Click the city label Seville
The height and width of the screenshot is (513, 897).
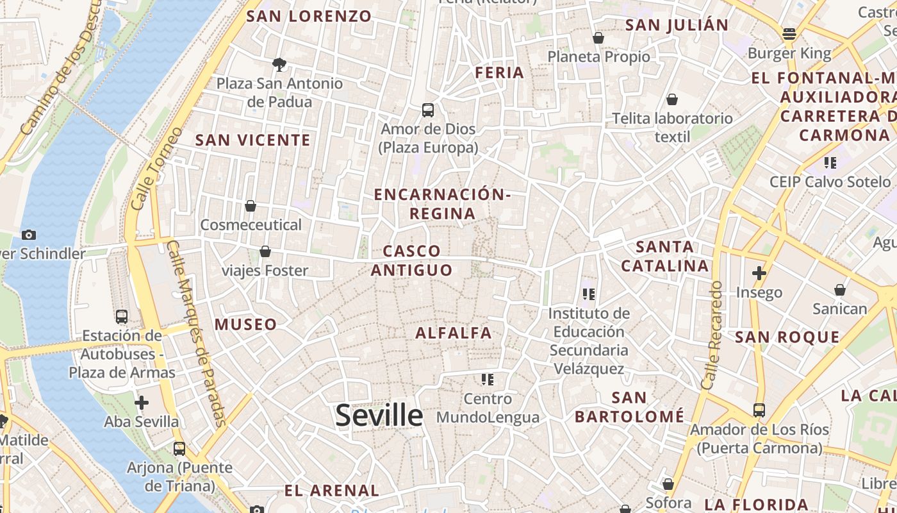(x=379, y=416)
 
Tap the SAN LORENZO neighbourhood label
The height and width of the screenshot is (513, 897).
(x=309, y=17)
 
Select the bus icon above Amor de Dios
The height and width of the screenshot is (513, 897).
(x=428, y=110)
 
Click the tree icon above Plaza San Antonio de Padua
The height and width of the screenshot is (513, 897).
(x=279, y=64)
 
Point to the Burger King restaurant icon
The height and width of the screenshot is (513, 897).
(x=789, y=34)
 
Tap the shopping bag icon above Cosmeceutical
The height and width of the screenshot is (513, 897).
(x=251, y=206)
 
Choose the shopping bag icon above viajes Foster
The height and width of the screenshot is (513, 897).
(x=265, y=251)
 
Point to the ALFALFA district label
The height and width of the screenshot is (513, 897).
(x=454, y=333)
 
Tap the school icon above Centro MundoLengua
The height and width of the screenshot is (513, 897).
(x=488, y=380)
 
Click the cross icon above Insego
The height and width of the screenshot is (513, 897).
(x=759, y=273)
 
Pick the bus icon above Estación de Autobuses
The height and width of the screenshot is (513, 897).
(x=121, y=317)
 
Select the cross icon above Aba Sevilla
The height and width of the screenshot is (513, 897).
(x=142, y=403)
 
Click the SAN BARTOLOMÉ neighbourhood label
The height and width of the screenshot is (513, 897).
(x=629, y=407)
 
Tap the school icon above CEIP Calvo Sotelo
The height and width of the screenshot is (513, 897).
(x=830, y=163)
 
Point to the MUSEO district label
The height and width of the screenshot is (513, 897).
(x=246, y=324)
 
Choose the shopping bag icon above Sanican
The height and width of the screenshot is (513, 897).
(x=839, y=290)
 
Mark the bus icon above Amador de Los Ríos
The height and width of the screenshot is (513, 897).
(x=759, y=410)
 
